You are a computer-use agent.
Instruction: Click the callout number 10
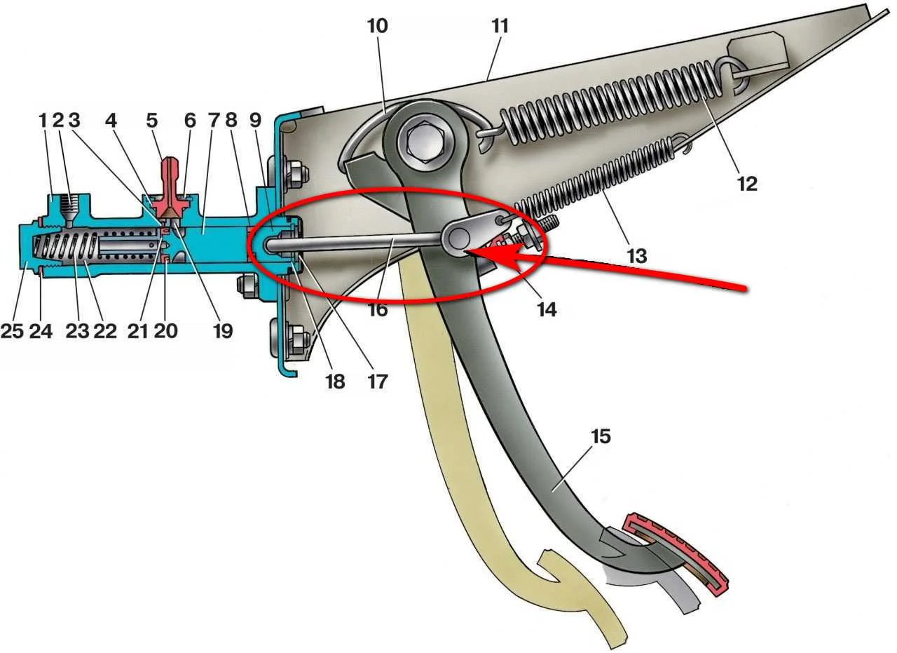coord(377,27)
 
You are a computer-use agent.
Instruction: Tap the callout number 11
coord(500,27)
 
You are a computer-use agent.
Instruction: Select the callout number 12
coord(747,184)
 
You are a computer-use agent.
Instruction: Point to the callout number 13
coord(637,256)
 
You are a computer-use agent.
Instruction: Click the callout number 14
coord(547,309)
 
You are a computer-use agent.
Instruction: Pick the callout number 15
coord(601,436)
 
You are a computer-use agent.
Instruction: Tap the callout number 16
coord(378,310)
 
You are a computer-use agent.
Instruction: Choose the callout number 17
coord(378,382)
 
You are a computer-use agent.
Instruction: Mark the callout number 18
coord(336,382)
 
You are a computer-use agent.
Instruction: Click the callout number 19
coord(223,331)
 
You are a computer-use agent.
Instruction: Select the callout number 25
coord(11,331)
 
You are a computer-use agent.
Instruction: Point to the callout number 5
coord(152,121)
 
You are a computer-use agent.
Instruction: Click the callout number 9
coord(255,121)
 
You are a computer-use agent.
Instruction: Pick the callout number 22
coord(105,331)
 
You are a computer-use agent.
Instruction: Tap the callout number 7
coord(214,121)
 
